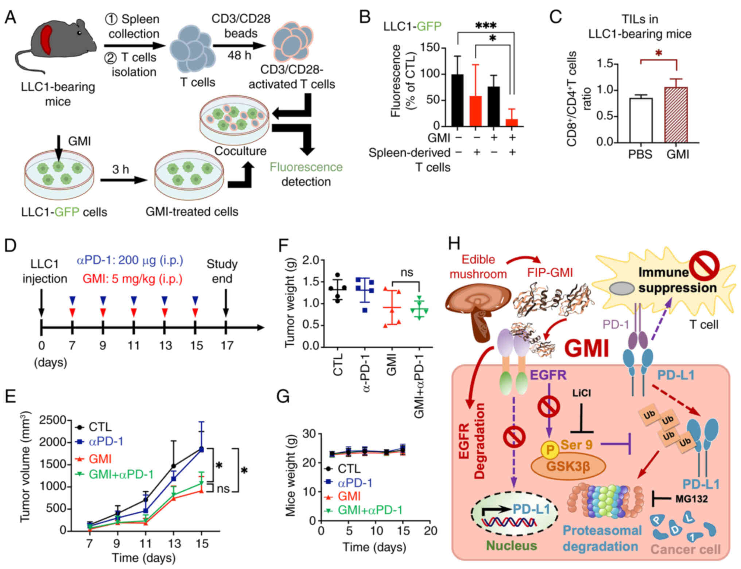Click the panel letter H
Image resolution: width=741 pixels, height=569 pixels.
(454, 244)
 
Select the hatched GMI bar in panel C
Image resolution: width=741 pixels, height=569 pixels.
(676, 115)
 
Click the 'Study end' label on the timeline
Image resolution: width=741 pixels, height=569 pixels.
(222, 271)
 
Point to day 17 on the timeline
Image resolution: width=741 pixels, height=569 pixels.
(226, 345)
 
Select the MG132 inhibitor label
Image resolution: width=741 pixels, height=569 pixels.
(691, 499)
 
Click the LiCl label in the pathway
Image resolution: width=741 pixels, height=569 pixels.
(581, 393)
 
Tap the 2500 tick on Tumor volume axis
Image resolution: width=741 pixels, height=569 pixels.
(53, 420)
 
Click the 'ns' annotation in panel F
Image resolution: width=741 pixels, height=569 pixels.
(407, 272)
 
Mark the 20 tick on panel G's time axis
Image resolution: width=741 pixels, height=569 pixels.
(430, 531)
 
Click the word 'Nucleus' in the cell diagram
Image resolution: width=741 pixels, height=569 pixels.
(511, 545)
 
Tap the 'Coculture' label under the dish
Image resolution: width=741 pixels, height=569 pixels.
(240, 151)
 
